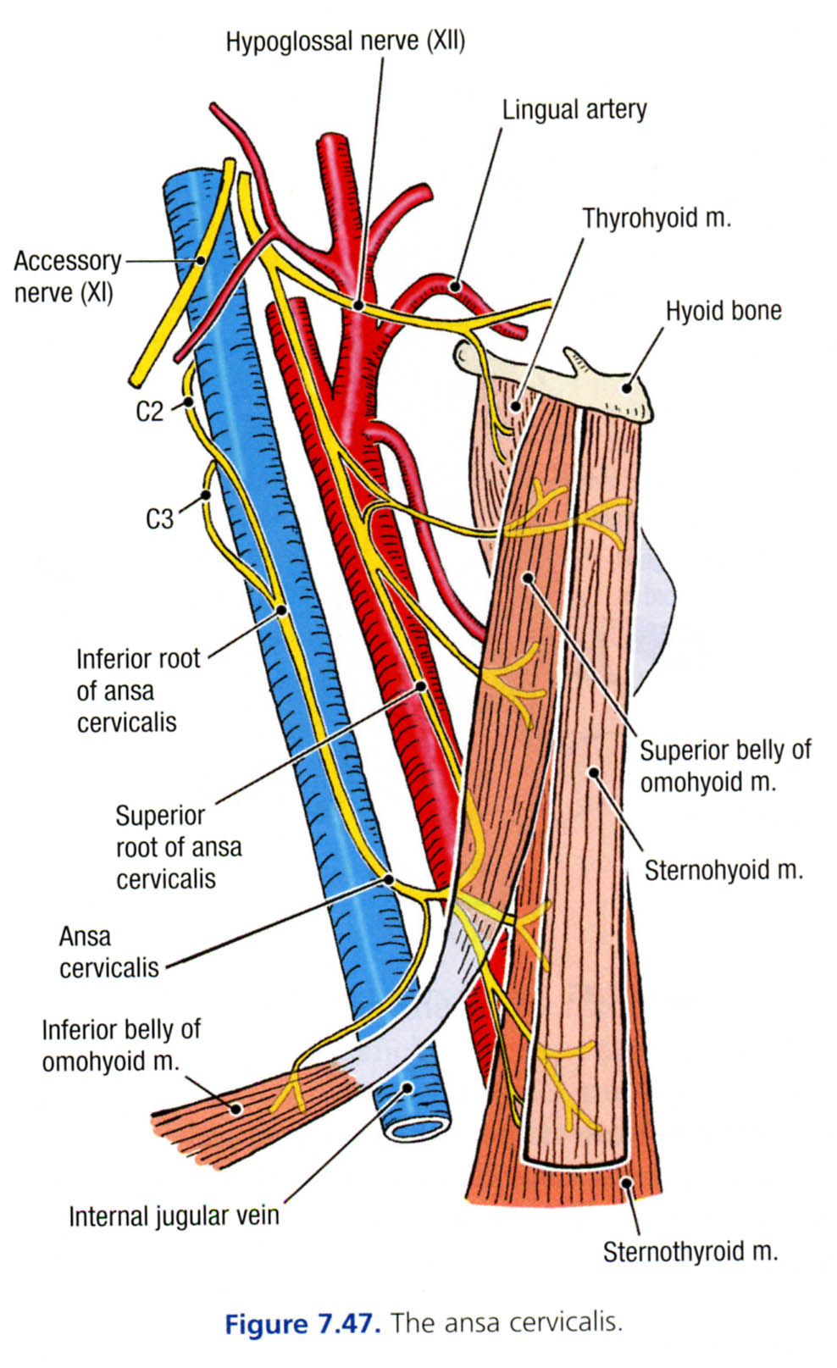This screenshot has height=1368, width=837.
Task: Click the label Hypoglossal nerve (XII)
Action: click(x=345, y=41)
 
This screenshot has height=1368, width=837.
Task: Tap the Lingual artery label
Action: click(x=574, y=109)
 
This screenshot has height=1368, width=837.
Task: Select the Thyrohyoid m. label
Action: click(x=656, y=218)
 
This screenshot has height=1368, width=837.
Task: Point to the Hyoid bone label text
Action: click(x=723, y=311)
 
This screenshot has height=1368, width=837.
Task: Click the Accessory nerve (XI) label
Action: click(x=66, y=276)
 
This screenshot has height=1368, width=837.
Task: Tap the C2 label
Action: click(x=149, y=411)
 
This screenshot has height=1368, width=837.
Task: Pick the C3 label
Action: click(x=159, y=518)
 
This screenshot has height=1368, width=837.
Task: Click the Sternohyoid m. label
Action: click(x=723, y=870)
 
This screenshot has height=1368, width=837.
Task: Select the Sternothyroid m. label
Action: click(x=690, y=1251)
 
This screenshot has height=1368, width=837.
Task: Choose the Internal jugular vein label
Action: click(x=174, y=1216)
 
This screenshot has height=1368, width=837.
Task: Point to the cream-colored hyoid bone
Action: click(x=593, y=385)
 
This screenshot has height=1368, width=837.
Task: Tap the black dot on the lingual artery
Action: click(x=456, y=286)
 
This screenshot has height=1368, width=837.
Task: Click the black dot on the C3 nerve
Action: click(x=205, y=496)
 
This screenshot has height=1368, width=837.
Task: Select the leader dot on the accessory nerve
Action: click(x=200, y=261)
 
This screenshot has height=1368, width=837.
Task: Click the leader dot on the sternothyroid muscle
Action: click(x=627, y=1182)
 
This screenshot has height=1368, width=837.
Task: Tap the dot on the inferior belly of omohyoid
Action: click(x=237, y=1107)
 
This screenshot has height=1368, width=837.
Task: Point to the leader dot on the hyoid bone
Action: click(x=627, y=388)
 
